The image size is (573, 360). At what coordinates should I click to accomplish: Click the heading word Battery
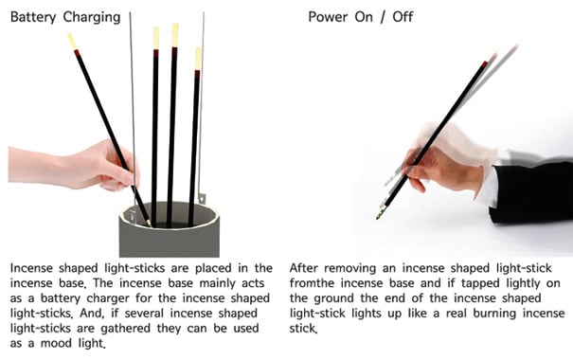(33, 17)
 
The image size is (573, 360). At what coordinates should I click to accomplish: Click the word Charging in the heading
(92, 18)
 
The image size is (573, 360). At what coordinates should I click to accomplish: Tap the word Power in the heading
(327, 17)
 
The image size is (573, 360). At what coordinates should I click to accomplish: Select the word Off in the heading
(403, 17)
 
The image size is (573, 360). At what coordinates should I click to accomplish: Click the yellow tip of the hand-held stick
(72, 41)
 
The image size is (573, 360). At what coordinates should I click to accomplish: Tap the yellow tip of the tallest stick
(175, 35)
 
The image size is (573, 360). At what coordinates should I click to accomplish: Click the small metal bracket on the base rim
(202, 198)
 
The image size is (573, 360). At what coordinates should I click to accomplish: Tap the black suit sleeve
(531, 192)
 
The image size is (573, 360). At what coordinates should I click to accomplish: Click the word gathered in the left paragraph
(125, 328)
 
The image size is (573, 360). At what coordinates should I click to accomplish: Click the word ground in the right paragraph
(333, 298)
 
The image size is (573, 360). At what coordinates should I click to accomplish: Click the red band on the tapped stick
(484, 65)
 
